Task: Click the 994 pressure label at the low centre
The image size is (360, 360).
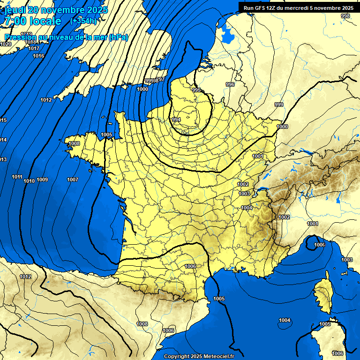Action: point(176,120)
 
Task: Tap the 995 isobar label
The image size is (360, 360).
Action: point(196,90)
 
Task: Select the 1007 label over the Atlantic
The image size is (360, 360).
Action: point(72,180)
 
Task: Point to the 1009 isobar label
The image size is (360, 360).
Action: point(42,180)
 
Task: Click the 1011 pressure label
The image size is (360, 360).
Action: point(17,177)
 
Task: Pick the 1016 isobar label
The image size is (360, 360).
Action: point(38,56)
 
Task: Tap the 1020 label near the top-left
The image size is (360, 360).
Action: point(6,44)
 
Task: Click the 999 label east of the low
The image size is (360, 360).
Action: point(279,105)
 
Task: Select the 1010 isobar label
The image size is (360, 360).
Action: point(29,181)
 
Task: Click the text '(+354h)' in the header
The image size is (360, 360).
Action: point(83,21)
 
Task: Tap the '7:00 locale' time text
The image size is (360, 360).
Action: point(33,21)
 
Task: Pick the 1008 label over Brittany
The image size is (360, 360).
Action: point(74,144)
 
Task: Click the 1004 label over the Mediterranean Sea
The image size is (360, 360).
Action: point(284,321)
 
